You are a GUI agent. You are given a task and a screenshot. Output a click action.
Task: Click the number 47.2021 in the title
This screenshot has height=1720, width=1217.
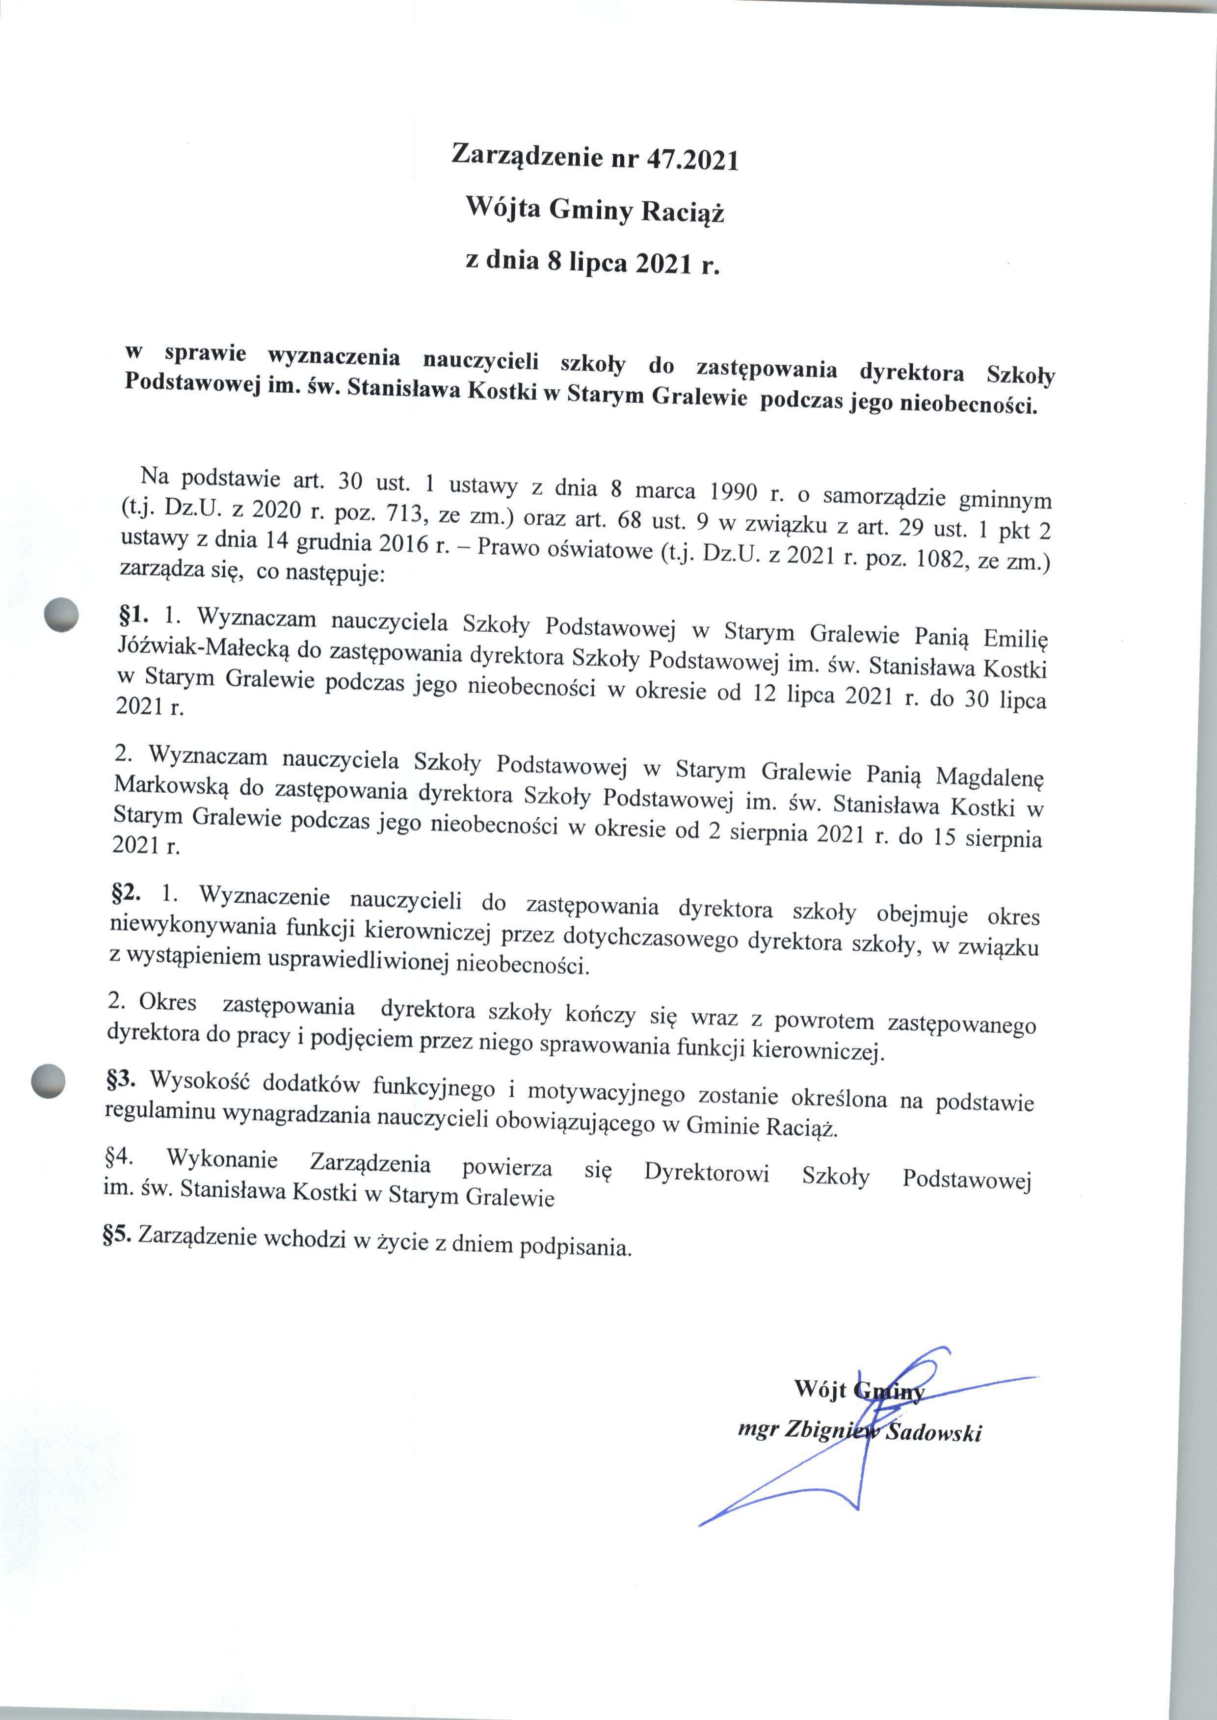(692, 161)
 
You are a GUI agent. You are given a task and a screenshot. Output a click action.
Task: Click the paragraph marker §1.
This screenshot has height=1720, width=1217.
(133, 616)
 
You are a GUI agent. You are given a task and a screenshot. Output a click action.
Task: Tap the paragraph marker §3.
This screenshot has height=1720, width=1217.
(120, 1080)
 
